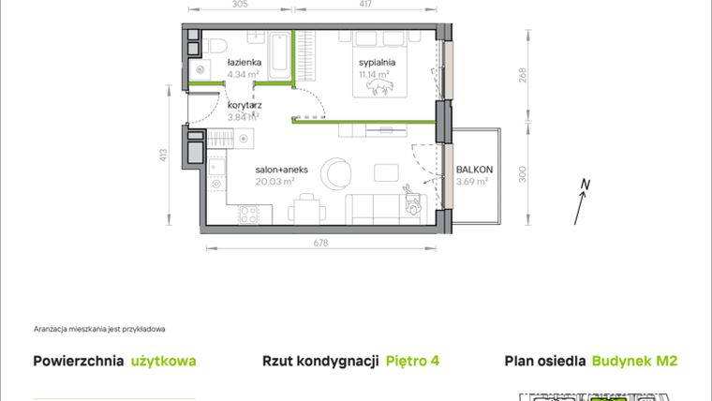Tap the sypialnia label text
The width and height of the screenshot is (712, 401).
[x=377, y=63]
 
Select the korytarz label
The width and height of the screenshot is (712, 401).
[x=245, y=105]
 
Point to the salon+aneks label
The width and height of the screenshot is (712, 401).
[x=276, y=170]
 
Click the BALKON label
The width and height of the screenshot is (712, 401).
[x=474, y=170]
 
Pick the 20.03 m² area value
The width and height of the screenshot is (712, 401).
[x=275, y=183]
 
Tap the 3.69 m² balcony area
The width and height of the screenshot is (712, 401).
[x=473, y=182]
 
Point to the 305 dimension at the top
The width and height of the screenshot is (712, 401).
[x=240, y=5]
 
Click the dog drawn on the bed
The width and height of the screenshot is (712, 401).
[x=379, y=87]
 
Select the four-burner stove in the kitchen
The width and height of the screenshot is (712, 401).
[x=249, y=215]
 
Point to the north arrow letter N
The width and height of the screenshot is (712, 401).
[x=585, y=184]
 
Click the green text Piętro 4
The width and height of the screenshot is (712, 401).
[x=413, y=361]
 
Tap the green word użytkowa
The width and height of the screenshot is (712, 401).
[x=163, y=361]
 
